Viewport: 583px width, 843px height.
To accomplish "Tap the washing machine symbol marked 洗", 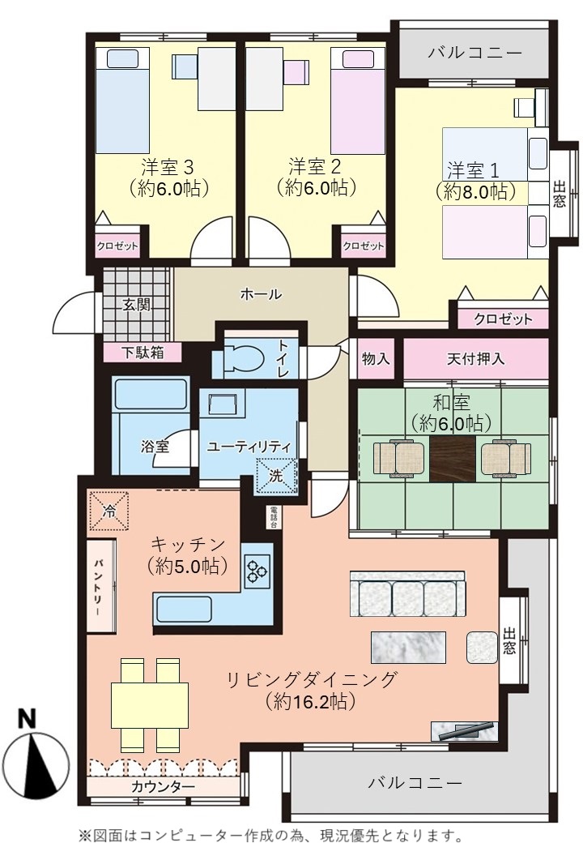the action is click(x=276, y=476).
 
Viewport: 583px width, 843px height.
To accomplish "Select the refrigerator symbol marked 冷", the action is click(x=109, y=510).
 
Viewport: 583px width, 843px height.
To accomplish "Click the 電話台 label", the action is click(x=273, y=517).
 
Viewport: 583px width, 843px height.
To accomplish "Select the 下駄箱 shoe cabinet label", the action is click(x=143, y=353).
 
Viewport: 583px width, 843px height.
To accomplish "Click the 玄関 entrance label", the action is click(x=136, y=305).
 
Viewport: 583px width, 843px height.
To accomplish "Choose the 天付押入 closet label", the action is click(x=475, y=358).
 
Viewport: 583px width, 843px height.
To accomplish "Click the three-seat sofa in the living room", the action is click(x=407, y=593).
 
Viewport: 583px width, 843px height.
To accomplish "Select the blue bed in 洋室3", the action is click(x=122, y=101).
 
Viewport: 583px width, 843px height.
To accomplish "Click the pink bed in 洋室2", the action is click(x=358, y=101).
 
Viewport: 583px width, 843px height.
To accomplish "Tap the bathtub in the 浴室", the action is click(x=151, y=394).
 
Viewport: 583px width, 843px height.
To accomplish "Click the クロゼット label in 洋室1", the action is click(x=503, y=319).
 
